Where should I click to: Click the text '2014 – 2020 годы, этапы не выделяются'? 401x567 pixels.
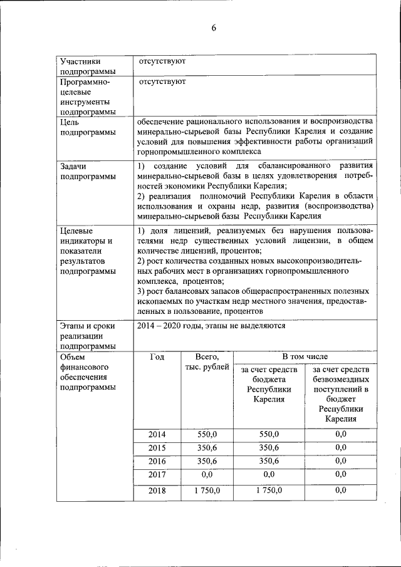tap(212, 326)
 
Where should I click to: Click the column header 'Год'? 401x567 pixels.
tap(157, 356)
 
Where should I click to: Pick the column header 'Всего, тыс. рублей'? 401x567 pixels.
tap(207, 362)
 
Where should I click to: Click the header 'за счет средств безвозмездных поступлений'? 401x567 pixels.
tap(341, 394)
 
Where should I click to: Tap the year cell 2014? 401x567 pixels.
tap(157, 434)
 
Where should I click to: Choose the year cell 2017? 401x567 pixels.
tap(157, 475)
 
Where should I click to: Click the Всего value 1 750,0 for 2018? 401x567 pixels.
tap(207, 490)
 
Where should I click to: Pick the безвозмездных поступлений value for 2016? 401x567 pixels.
tap(341, 461)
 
